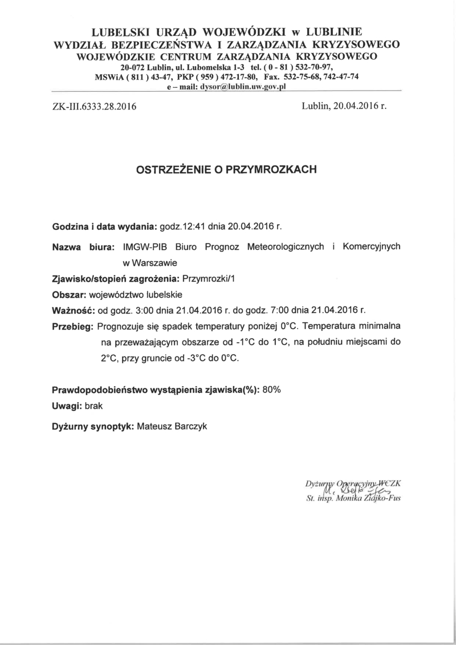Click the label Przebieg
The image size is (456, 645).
point(72,327)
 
